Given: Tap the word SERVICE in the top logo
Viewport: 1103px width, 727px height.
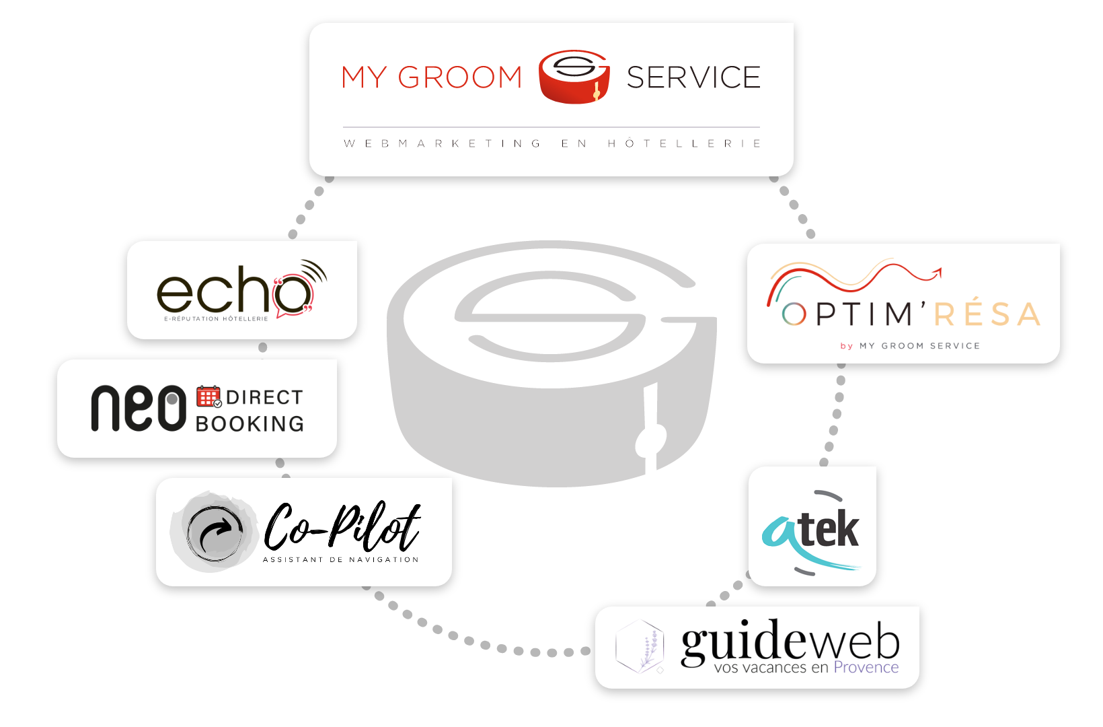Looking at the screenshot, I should click(x=693, y=78).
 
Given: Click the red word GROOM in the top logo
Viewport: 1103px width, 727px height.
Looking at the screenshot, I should click(x=460, y=78).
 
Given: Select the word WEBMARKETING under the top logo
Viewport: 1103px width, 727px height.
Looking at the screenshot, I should click(x=443, y=143).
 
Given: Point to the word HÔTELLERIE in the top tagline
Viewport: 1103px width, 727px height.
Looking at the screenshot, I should click(x=685, y=143).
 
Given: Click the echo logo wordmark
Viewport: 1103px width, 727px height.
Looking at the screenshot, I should click(x=235, y=291).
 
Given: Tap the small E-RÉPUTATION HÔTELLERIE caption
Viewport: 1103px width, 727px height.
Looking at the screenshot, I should click(x=217, y=319).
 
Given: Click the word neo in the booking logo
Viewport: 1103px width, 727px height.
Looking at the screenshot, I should click(x=139, y=408).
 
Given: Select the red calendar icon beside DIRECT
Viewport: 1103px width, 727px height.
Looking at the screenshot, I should click(x=208, y=396).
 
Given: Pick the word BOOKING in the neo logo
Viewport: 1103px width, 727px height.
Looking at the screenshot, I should click(x=250, y=424).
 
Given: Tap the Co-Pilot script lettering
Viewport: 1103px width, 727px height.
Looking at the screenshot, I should click(x=342, y=526).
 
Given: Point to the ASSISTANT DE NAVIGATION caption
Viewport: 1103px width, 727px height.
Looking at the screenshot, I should click(x=340, y=559).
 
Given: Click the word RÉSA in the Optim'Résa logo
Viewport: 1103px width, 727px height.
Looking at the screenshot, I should click(x=987, y=314).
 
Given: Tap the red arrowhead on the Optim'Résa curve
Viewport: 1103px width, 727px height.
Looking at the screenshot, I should click(x=936, y=273).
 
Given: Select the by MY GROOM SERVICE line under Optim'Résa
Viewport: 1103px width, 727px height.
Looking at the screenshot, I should click(x=910, y=346).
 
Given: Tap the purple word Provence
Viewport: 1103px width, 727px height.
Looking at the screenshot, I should click(x=866, y=668).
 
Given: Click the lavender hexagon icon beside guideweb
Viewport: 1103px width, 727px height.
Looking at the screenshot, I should click(x=640, y=646).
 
